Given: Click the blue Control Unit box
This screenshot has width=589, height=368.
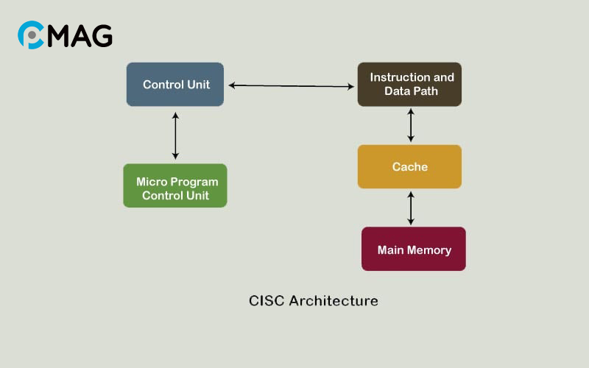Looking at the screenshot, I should pos(175,85).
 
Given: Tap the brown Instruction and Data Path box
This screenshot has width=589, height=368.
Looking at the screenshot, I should pos(409,85).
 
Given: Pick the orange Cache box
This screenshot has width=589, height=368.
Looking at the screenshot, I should pos(409,166).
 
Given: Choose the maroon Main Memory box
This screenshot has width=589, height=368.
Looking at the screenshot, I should pos(414,249).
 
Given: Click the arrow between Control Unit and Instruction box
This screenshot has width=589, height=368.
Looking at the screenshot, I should pos(291,86).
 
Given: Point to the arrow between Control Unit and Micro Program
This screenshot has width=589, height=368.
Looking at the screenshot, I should pos(175,135).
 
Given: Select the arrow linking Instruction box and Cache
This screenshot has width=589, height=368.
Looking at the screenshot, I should pos(411,125).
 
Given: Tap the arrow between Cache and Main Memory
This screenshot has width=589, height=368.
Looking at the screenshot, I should pos(411,208).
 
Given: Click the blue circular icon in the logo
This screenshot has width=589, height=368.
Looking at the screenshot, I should pos(31,35).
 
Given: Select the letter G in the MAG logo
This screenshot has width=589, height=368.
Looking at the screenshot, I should pos(101,35).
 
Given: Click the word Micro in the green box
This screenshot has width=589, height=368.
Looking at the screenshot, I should pos(151,181).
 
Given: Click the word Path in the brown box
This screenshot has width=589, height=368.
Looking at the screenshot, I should pos(426,91).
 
